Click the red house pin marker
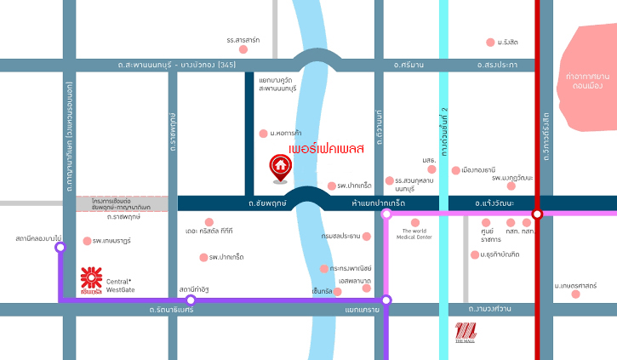tap(278, 169)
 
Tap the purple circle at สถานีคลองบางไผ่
tap(60, 248)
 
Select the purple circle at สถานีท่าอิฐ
tap(191, 300)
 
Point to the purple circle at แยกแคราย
tap(386, 300)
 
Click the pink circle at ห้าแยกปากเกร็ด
tap(386, 214)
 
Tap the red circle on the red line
tap(537, 214)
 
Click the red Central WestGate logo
tap(91, 279)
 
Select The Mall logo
tap(466, 333)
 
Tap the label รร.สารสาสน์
tap(243, 40)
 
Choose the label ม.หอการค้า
tap(288, 133)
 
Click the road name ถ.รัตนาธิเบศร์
tap(170, 310)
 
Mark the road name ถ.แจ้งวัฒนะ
tap(494, 203)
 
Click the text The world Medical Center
tap(414, 234)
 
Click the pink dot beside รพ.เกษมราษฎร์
tap(87, 241)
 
